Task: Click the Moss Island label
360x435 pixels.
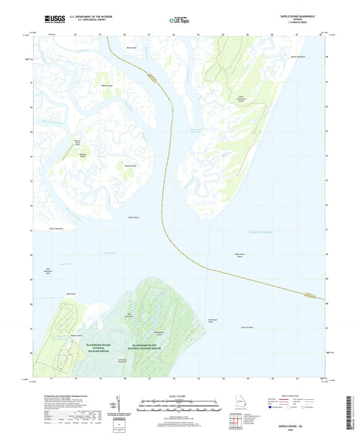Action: pyautogui.click(x=132, y=48)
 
